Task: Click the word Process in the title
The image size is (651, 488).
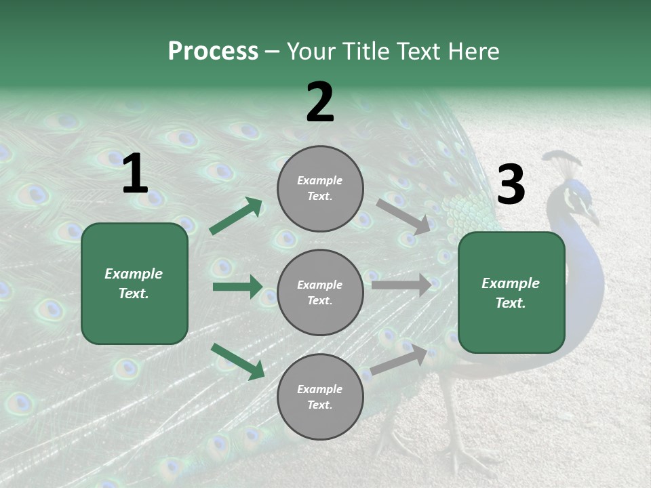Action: point(213,52)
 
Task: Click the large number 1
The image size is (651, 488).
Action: point(135,174)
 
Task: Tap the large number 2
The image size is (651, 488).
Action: point(320,102)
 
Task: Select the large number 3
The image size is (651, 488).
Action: point(511,185)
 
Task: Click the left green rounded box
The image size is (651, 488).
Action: point(134,283)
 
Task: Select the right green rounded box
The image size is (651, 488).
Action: point(511,293)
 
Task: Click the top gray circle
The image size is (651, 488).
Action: point(320,188)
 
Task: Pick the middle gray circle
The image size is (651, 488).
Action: point(320,292)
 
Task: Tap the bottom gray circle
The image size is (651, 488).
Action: point(320,396)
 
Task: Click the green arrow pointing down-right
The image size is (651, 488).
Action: point(237,361)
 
